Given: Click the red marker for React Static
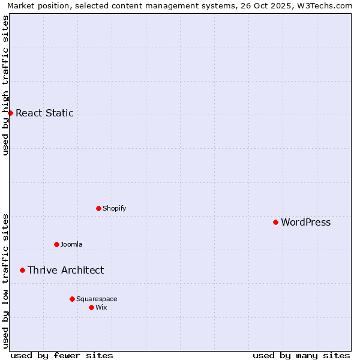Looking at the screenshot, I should [x=10, y=113].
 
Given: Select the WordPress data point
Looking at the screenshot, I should [x=275, y=222].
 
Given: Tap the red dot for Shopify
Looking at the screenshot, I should [x=98, y=208].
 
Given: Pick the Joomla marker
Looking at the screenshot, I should [x=56, y=244].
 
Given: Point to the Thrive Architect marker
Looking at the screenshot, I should [x=22, y=270].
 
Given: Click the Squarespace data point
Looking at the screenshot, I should [x=72, y=299].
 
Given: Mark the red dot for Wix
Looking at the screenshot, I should [x=91, y=307].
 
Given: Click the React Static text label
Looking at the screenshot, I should [x=44, y=113].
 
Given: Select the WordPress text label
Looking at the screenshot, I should [x=305, y=222].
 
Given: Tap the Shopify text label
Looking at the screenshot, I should [x=114, y=208].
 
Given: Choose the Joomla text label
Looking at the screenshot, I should [x=71, y=244].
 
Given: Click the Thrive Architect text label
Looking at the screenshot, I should [x=65, y=270].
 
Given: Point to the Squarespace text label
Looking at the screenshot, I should [x=97, y=299].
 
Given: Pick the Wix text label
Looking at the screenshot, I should [x=101, y=307].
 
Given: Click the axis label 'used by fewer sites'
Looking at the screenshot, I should [x=62, y=355].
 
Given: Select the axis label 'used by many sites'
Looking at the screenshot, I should [x=301, y=355].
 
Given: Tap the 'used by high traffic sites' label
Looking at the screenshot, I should [x=5, y=85].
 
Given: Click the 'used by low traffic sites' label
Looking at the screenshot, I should [x=5, y=281].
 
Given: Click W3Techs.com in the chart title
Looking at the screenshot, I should [x=328, y=5].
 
